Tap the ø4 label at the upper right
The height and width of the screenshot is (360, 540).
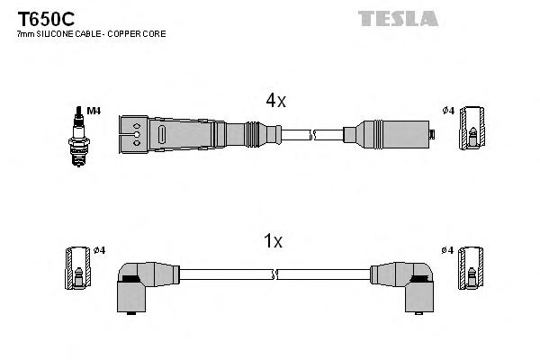point(447,111)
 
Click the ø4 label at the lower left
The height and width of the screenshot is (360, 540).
point(99,249)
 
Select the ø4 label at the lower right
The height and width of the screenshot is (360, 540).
point(447,249)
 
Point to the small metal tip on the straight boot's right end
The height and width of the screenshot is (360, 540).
point(431,136)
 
